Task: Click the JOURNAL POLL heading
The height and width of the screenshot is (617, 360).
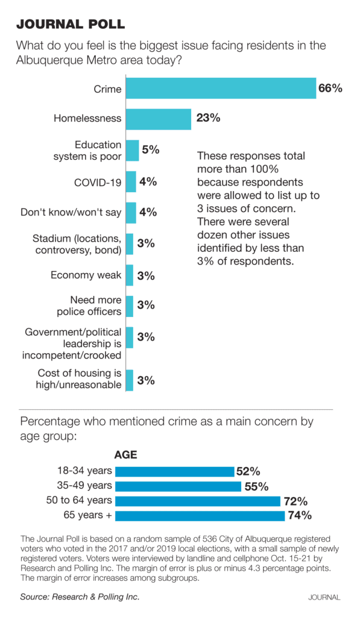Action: (x=71, y=24)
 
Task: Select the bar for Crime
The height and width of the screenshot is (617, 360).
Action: (x=221, y=89)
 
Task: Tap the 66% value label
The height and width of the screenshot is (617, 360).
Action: (x=330, y=89)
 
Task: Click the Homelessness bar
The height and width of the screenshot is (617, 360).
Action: (x=159, y=118)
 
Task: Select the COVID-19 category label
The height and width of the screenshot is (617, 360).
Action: (x=98, y=181)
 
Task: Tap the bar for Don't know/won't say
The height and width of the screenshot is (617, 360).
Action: (x=131, y=213)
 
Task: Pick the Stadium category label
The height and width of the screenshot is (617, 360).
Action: (x=77, y=244)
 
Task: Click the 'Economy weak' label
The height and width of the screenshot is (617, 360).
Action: (x=86, y=275)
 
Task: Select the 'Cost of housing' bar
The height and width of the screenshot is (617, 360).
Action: (x=130, y=380)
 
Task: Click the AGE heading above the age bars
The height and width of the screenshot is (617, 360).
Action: (x=125, y=455)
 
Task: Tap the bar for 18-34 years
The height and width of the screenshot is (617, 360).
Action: (x=174, y=471)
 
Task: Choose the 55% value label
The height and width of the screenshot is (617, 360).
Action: (x=256, y=486)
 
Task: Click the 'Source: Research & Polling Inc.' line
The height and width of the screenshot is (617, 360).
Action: (x=80, y=597)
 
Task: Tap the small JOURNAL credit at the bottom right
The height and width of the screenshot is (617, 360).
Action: (x=324, y=597)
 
